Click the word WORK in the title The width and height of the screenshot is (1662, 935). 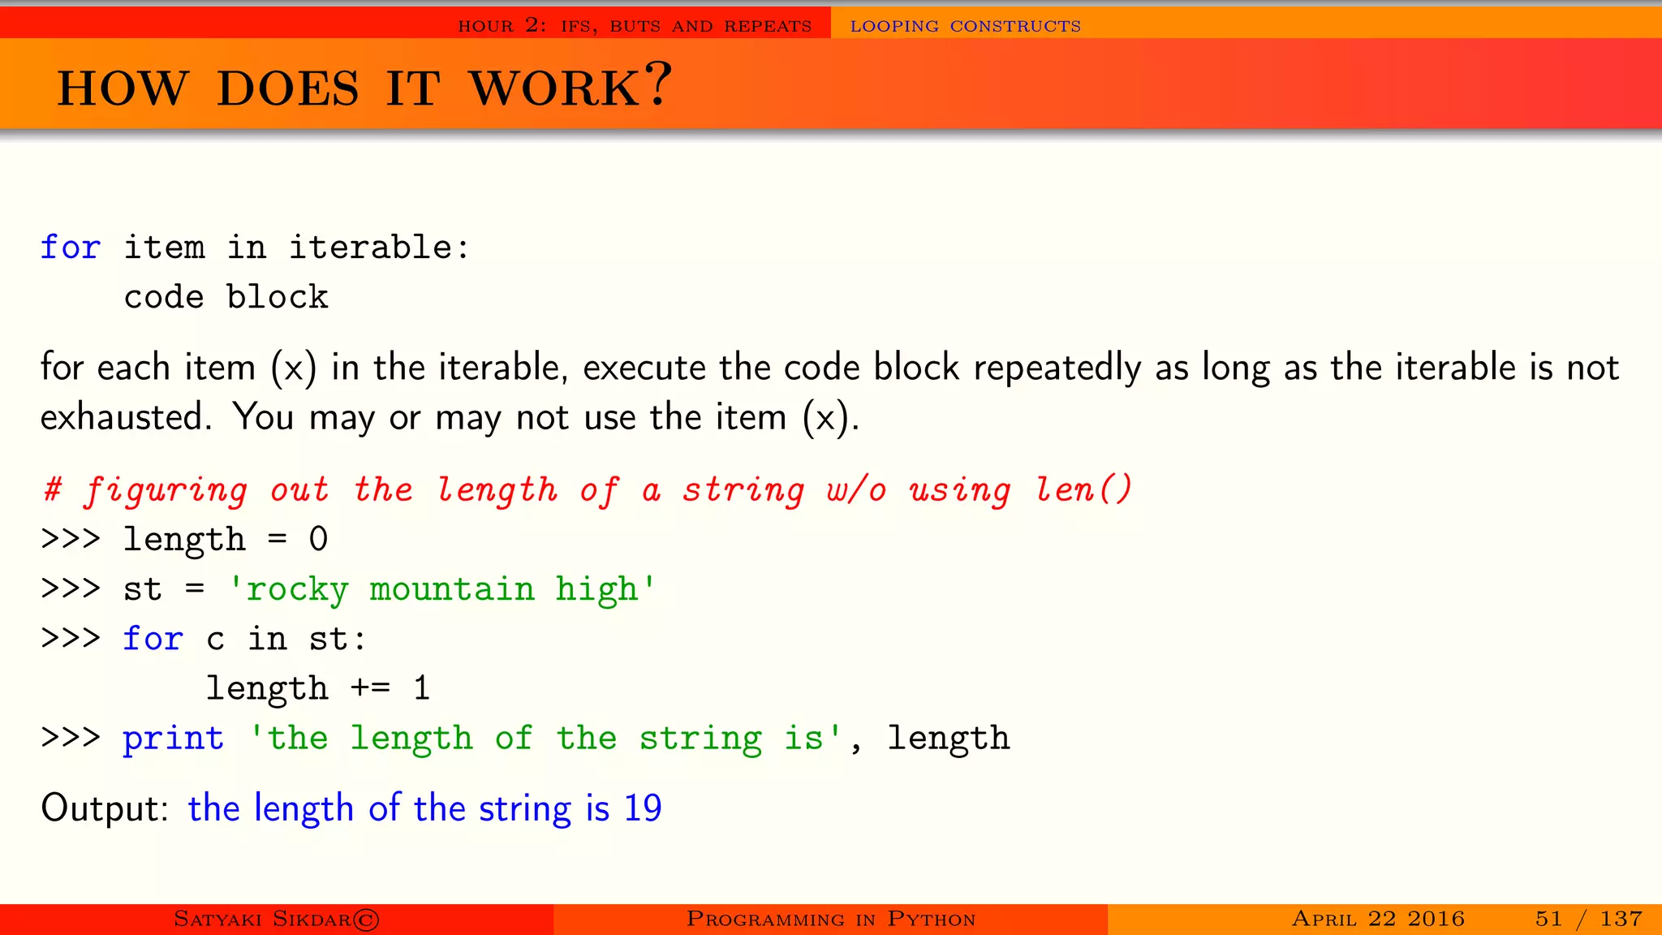point(556,88)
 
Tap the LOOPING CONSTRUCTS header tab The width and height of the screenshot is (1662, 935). point(965,26)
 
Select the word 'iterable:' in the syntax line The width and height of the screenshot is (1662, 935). point(379,247)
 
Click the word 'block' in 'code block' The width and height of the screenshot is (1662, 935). point(277,297)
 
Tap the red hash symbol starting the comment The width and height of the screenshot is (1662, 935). point(53,489)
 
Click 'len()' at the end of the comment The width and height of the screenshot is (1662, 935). point(1083,489)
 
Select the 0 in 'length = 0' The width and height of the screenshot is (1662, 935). point(318,540)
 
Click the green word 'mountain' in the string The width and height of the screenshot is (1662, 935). point(452,589)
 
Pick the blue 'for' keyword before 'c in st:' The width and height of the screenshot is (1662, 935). point(153,639)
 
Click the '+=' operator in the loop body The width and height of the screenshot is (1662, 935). point(370,688)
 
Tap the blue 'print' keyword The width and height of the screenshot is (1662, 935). point(173,738)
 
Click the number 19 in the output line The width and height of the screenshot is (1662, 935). point(643,808)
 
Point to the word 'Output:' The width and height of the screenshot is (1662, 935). point(105,808)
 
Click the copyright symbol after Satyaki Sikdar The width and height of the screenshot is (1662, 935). point(366,920)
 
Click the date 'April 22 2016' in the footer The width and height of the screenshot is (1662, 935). point(1378,919)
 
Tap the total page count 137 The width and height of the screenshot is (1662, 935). point(1621,919)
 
